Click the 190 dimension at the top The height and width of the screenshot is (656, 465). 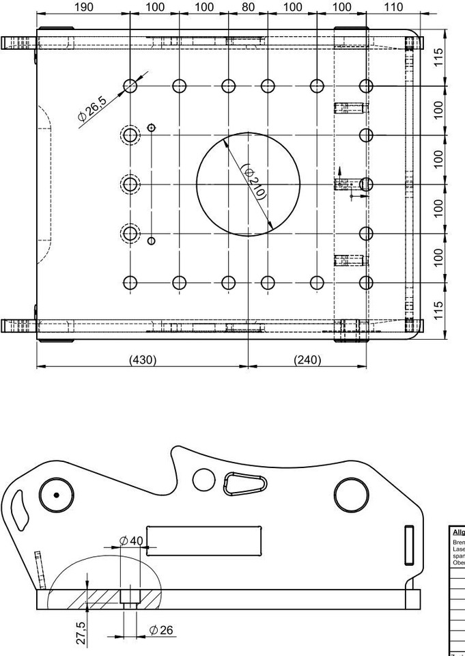tap(83, 7)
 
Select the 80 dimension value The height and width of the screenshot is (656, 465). tap(248, 7)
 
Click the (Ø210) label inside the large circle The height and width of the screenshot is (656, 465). tap(254, 182)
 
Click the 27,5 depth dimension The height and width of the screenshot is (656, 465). tap(81, 633)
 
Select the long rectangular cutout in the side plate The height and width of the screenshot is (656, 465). tap(203, 540)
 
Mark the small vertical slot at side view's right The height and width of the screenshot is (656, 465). tap(409, 544)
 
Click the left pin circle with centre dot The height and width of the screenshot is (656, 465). tap(56, 495)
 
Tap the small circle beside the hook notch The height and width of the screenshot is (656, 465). tap(203, 479)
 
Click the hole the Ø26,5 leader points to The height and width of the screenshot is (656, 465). tap(130, 85)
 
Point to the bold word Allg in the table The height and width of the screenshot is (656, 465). tap(458, 532)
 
